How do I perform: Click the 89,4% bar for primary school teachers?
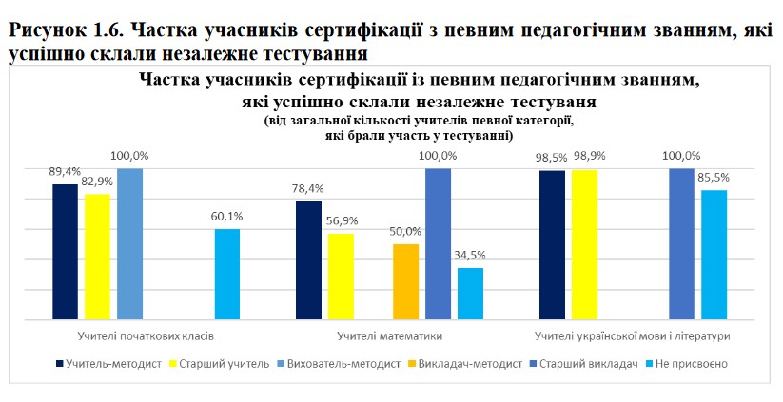(65, 252)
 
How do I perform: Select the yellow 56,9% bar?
(341, 277)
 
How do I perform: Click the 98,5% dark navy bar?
(552, 245)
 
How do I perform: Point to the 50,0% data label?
(405, 231)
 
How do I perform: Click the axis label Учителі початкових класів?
(146, 336)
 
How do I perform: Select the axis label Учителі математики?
(389, 336)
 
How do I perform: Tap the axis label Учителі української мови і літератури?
(632, 336)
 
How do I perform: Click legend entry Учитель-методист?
(110, 363)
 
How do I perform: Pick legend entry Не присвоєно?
(696, 363)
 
